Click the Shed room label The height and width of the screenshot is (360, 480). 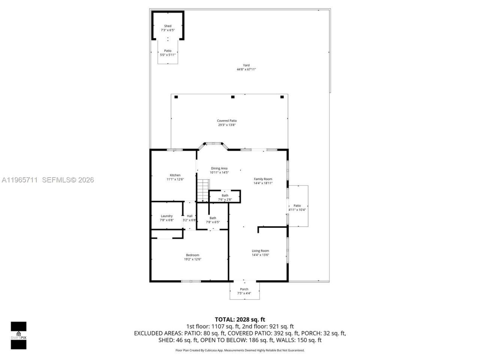168,26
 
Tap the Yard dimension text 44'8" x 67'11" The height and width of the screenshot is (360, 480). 246,69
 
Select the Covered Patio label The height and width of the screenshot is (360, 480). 227,121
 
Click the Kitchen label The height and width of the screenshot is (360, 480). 175,175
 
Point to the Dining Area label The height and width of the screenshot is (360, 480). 219,168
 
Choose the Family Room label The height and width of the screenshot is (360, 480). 263,179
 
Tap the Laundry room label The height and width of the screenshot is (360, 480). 166,216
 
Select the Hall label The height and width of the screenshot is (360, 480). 190,216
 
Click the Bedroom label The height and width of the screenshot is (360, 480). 192,255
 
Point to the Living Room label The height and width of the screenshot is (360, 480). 260,251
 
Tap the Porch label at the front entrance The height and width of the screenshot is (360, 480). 244,289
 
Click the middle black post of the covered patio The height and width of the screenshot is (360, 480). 232,97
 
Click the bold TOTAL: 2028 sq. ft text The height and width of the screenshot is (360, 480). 240,319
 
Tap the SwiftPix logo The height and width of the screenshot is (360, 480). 18,335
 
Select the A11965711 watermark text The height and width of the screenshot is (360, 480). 19,180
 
